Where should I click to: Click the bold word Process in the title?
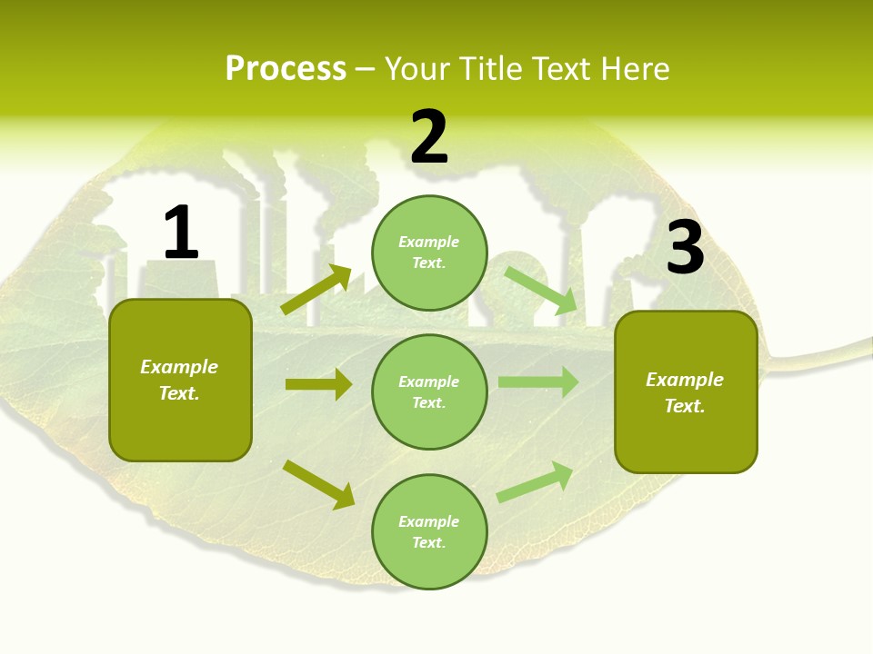coord(286,69)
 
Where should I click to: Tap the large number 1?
coord(181,233)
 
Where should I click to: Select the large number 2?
coord(429,136)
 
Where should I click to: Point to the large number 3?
coord(685,247)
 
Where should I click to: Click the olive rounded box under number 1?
coord(180,380)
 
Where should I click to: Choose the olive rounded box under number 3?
coord(686,391)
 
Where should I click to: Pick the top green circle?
coord(429,253)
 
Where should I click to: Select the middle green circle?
coord(429,391)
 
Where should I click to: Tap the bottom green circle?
coord(429,531)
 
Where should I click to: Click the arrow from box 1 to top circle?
coord(316,291)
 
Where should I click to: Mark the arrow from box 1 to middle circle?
coord(318,384)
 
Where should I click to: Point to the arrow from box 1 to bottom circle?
coord(318,484)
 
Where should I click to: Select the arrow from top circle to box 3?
coord(540,291)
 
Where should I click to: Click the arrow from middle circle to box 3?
coord(537,381)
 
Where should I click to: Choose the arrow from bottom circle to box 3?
coord(535,482)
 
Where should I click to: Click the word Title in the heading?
coord(491,69)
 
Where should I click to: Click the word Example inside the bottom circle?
coord(428,521)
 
